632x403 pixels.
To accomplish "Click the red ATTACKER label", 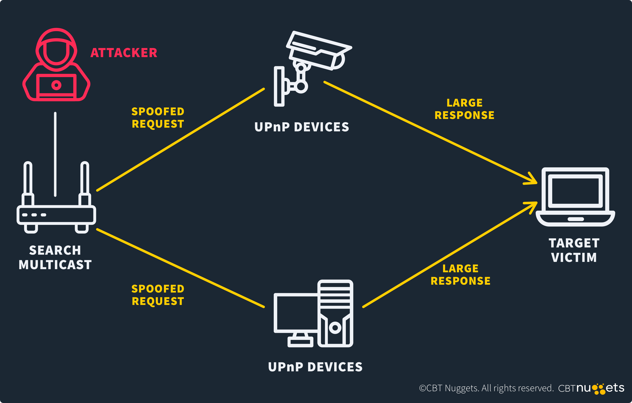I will pos(124,53).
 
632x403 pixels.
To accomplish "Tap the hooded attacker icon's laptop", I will pos(56,86).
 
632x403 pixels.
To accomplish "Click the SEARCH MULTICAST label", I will pos(55,257).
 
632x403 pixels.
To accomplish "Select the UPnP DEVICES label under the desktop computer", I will pos(315,367).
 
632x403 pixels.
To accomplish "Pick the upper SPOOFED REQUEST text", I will pos(158,118).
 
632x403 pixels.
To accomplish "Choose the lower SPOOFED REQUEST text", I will pos(158,295).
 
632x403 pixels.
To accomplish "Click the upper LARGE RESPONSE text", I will pos(464,109).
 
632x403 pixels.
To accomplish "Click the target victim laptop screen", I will pos(575,191).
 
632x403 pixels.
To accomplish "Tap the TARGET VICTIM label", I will pos(574,250).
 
